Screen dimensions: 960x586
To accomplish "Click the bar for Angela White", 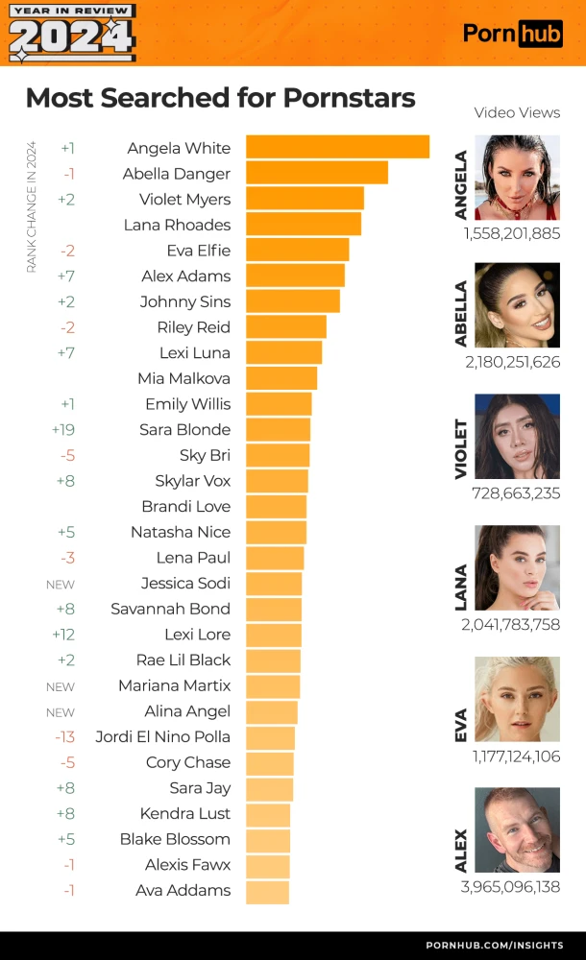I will pyautogui.click(x=337, y=147).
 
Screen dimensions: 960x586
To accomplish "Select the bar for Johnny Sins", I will pyautogui.click(x=293, y=300).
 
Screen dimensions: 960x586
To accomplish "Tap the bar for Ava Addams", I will pyautogui.click(x=267, y=891).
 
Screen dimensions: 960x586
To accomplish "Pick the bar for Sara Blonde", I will pyautogui.click(x=279, y=429).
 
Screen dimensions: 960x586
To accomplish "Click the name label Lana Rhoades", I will pyautogui.click(x=178, y=225).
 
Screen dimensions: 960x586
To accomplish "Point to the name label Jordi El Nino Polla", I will pyautogui.click(x=163, y=737).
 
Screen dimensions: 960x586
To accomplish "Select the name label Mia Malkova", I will pyautogui.click(x=184, y=378).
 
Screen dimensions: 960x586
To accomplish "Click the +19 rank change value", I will pyautogui.click(x=63, y=429).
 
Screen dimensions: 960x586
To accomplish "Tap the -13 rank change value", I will pyautogui.click(x=64, y=737).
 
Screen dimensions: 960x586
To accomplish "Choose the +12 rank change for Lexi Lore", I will pyautogui.click(x=63, y=635).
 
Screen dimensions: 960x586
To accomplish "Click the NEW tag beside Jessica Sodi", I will pyautogui.click(x=61, y=584).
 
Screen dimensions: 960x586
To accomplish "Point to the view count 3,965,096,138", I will pyautogui.click(x=510, y=887).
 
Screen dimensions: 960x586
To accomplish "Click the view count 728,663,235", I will pyautogui.click(x=516, y=493).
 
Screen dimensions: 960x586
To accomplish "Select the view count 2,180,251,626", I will pyautogui.click(x=510, y=362).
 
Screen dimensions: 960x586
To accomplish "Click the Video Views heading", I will pyautogui.click(x=517, y=112).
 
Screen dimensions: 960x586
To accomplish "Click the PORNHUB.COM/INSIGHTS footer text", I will pyautogui.click(x=495, y=946).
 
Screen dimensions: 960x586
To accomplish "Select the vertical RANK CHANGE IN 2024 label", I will pyautogui.click(x=31, y=207).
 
